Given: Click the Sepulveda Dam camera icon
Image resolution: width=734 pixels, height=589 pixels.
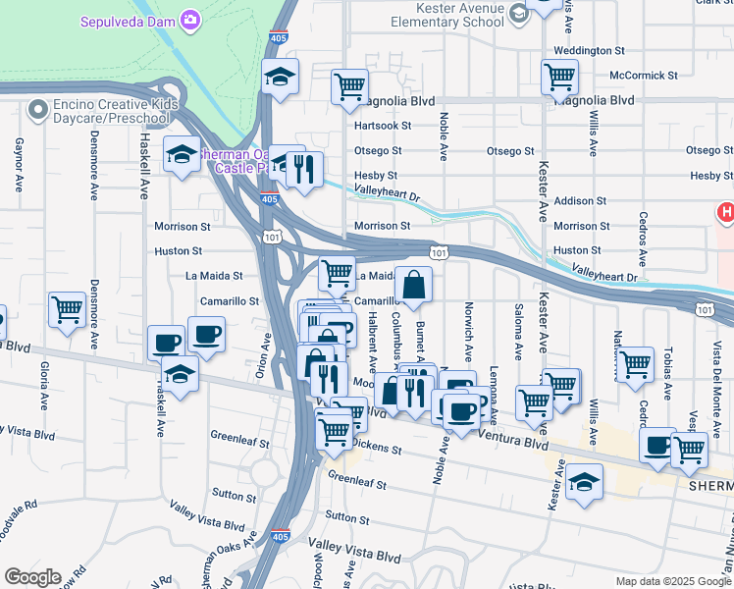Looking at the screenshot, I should pyautogui.click(x=190, y=20).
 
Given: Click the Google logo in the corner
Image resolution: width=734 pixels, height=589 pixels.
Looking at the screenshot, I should pyautogui.click(x=32, y=577).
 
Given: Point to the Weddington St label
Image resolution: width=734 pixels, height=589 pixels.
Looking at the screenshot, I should pyautogui.click(x=589, y=50).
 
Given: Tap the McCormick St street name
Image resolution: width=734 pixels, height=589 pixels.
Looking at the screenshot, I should pyautogui.click(x=643, y=76).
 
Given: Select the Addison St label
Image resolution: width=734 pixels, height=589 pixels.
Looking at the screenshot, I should pyautogui.click(x=588, y=200).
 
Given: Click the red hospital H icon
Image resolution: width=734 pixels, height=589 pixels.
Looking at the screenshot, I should pyautogui.click(x=726, y=211).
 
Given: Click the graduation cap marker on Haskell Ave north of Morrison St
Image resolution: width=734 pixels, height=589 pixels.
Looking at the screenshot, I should pyautogui.click(x=182, y=154).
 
